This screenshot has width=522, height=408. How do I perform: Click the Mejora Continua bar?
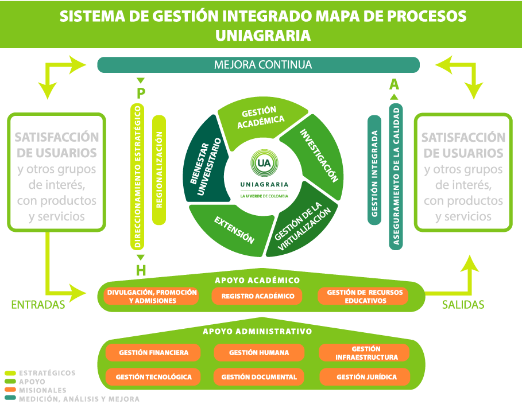pos(258,65)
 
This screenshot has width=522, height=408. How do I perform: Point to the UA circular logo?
pos(264,163)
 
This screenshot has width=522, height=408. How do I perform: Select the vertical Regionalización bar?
pos(159,170)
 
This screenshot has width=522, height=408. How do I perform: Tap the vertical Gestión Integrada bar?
pos(374,170)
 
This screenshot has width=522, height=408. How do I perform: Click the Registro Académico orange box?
pos(257,296)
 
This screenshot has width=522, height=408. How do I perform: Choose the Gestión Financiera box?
pos(153,352)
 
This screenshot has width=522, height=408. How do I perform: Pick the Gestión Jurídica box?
pos(365,377)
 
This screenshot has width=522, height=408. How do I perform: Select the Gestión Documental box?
pos(258,377)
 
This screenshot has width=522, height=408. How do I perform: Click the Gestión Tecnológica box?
pos(153,377)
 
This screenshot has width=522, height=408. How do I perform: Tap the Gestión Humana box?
pos(258,352)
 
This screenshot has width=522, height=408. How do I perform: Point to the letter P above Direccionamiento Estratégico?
pos(141,94)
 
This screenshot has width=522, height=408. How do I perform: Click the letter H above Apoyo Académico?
pos(141,270)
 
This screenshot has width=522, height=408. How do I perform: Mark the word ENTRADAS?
pos(38,305)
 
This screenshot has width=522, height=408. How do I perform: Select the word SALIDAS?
pos(463,305)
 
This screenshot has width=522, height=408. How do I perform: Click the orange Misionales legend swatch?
pos(10,390)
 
